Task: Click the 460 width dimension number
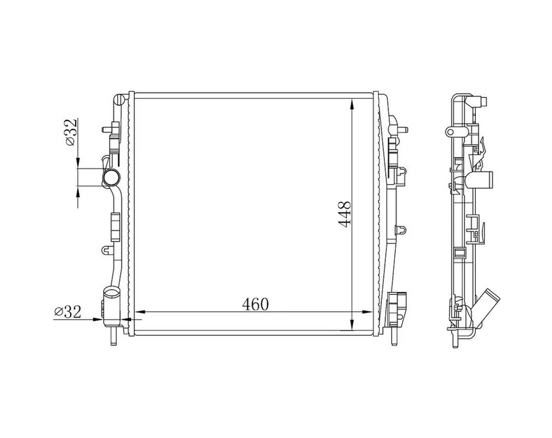[255, 305]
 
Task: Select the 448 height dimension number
[344, 214]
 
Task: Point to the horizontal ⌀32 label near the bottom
[67, 311]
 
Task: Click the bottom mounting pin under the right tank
[394, 335]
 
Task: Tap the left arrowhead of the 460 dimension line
[140, 312]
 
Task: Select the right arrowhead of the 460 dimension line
[367, 312]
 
